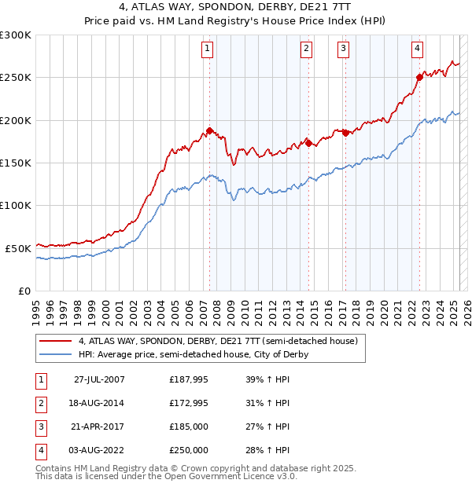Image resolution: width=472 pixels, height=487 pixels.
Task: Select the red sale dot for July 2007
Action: coord(210,130)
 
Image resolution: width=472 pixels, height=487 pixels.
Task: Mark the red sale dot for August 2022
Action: coord(419,77)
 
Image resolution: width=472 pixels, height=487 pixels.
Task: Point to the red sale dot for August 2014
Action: coord(308,143)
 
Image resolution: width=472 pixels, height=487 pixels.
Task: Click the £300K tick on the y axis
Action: coord(16,35)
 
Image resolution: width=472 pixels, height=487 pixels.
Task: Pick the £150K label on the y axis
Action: coord(16,163)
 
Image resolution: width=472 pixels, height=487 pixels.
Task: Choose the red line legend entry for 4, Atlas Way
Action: coord(218,341)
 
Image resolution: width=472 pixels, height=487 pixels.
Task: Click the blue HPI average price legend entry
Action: coord(193,354)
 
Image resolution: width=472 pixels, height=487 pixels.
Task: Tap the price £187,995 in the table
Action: coord(189,379)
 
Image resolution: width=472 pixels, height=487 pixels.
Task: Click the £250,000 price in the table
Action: coord(189,450)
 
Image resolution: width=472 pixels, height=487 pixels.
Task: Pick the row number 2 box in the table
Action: coord(39,403)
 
